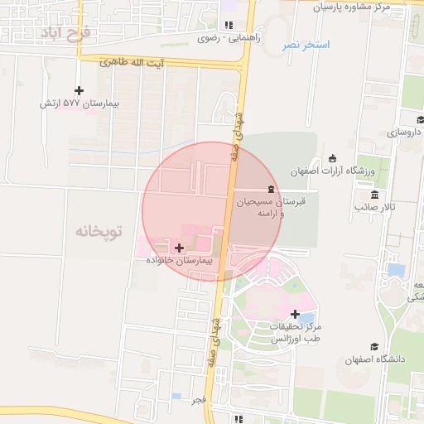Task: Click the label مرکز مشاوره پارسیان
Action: pos(362,7)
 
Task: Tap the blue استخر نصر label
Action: pos(306,44)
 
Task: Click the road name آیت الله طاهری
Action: pos(132,63)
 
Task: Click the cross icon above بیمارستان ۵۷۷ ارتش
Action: pos(79,90)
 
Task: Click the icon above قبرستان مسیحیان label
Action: pos(271,190)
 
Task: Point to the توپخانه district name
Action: pos(99,230)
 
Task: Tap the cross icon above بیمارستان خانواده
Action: pos(179,247)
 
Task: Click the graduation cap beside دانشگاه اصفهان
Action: pos(373,347)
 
